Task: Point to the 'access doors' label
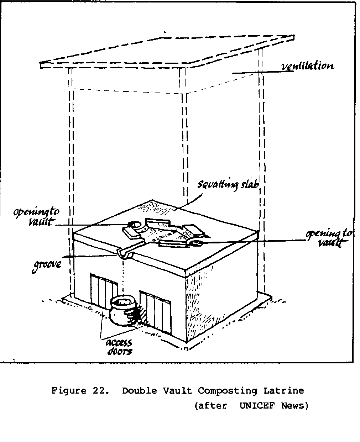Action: click(x=119, y=347)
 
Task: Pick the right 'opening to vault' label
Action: click(x=329, y=238)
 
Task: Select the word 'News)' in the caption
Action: click(x=295, y=406)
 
